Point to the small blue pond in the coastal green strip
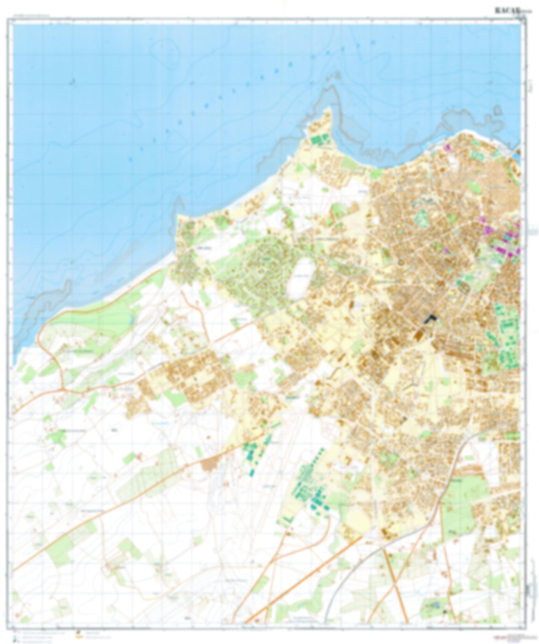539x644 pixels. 132,319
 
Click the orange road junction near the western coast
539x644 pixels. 63,389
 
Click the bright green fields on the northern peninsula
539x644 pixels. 320,140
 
